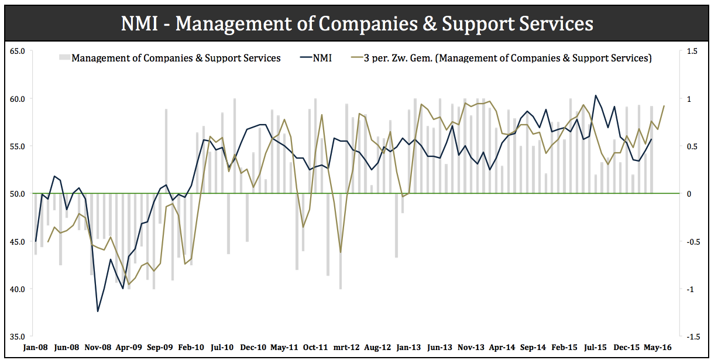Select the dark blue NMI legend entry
(315, 58)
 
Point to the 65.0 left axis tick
(18, 52)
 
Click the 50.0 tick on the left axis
(18, 194)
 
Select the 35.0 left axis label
(18, 337)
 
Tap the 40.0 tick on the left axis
(18, 289)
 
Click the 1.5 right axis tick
(692, 52)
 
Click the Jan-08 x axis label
(35, 348)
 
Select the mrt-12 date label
(346, 348)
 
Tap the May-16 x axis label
(658, 348)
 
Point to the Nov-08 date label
(98, 348)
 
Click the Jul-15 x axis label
(596, 348)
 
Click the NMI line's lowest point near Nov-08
(98, 311)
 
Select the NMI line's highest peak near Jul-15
(596, 95)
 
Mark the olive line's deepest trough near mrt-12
(340, 252)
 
